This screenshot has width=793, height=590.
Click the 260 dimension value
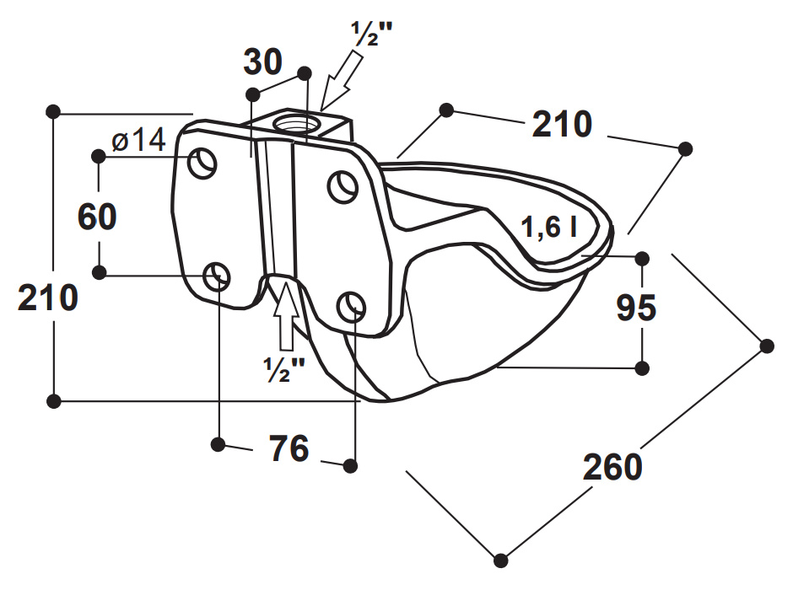tap(612, 465)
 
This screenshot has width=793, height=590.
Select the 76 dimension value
tap(289, 449)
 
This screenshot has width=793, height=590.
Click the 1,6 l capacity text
tap(548, 228)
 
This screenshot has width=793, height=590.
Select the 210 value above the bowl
tap(561, 125)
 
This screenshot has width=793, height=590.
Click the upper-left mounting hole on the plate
tap(202, 161)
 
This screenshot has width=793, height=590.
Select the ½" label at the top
tap(372, 35)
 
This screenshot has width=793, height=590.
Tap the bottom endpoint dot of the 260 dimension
tap(502, 559)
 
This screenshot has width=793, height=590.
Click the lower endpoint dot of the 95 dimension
tap(642, 367)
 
